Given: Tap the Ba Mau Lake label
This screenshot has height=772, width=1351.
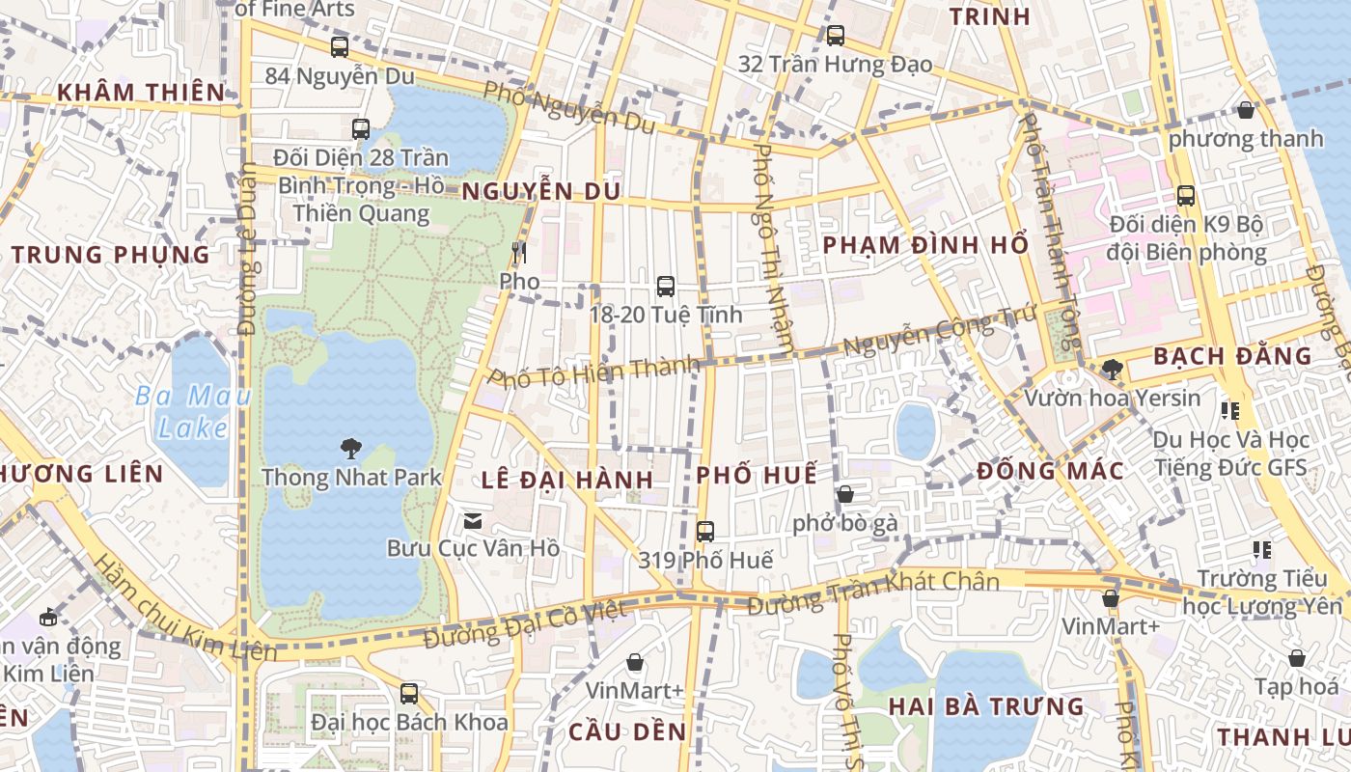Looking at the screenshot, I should [x=192, y=411].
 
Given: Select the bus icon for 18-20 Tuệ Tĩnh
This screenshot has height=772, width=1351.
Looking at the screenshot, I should [x=666, y=286].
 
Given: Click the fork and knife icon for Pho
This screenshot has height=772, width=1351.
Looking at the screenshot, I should [x=519, y=253].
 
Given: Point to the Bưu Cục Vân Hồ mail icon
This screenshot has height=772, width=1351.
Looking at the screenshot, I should [x=473, y=521].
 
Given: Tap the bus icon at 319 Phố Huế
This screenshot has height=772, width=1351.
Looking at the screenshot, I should [x=705, y=531].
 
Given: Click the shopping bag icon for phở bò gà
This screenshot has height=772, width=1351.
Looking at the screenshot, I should [x=845, y=494].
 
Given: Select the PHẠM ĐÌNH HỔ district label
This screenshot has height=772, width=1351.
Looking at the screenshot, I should [x=925, y=245].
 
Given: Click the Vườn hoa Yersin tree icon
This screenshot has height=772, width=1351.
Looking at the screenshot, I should [x=1112, y=369].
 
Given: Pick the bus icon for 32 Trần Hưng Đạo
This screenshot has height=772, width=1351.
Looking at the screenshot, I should [x=836, y=36].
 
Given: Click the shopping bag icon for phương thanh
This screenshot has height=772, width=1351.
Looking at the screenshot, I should [x=1246, y=110].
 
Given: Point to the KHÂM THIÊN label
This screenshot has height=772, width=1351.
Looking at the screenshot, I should [x=141, y=93].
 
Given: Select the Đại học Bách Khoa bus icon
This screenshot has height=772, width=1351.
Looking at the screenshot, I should [x=409, y=693].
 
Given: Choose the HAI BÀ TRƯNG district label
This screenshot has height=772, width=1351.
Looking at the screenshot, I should [x=986, y=706].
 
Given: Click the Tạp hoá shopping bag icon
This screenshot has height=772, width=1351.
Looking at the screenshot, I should [x=1297, y=658].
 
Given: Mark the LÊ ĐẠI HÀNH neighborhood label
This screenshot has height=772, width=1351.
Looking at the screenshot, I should [x=567, y=480].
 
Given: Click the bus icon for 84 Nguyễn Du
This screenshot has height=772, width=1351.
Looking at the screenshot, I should [x=340, y=46].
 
